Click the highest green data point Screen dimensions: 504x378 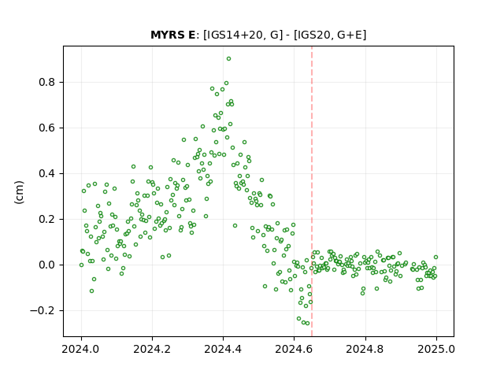228,59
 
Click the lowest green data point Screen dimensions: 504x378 308,324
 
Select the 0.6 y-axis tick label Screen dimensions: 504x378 47,128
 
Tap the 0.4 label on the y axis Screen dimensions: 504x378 47,173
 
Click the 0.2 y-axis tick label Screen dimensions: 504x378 47,219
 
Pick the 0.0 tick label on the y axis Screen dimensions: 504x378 47,265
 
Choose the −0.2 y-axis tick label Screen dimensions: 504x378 43,310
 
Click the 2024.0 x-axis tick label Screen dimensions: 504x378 81,349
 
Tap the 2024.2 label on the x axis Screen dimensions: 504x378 152,349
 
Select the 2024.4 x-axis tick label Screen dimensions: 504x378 223,349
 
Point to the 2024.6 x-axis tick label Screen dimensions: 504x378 294,349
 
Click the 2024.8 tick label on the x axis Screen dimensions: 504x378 365,349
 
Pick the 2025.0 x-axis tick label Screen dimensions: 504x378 436,349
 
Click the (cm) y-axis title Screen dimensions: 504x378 19,192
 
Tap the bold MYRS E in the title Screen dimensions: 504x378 172,35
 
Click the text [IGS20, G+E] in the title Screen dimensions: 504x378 330,35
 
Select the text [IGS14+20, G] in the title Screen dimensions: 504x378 243,35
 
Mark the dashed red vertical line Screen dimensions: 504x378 312,191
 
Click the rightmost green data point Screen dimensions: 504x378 435,258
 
